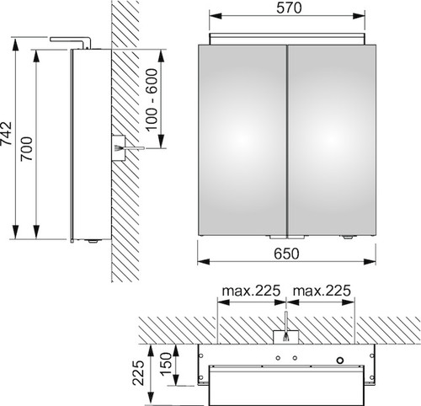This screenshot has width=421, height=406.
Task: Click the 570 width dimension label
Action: point(289,8)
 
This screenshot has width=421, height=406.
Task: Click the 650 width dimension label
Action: point(286,254)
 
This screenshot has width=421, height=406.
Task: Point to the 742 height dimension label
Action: point(6,133)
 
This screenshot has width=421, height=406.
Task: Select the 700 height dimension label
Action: point(27,149)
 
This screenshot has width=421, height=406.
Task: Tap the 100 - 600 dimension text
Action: point(152,100)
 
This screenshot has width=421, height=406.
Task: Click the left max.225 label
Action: point(251,291)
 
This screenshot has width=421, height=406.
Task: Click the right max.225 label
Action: point(322,291)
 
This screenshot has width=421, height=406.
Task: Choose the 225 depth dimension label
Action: point(139,373)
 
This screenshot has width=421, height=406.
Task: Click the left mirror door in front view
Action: point(242,140)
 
